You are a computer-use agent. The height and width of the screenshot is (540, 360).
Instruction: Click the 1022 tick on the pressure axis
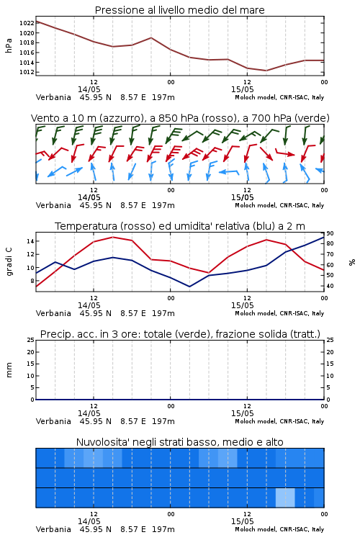point(27,23)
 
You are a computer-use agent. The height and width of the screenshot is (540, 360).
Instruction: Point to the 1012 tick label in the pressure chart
point(27,72)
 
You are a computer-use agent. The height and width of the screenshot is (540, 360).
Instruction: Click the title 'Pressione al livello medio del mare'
point(180,10)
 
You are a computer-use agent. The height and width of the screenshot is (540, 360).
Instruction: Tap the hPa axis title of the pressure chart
point(9,45)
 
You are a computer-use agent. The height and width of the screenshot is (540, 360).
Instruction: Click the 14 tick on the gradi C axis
point(30,241)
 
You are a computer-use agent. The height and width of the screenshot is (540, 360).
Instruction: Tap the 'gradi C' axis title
point(9,262)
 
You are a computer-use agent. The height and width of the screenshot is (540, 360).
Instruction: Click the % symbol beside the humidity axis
point(352,262)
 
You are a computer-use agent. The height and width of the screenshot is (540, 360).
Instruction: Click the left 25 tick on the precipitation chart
point(30,341)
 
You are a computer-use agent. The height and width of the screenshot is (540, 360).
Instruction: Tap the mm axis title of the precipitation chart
point(9,370)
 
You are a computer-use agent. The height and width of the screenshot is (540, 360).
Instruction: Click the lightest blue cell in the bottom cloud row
point(285,498)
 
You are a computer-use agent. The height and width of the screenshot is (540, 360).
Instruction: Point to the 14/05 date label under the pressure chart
point(89,89)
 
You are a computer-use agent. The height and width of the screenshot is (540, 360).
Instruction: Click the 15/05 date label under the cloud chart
point(243,521)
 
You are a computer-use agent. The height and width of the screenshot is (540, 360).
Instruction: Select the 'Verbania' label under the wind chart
point(53,206)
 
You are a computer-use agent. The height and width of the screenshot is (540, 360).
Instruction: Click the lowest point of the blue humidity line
point(189,287)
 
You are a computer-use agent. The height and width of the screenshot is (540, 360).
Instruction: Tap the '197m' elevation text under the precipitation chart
point(163,421)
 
